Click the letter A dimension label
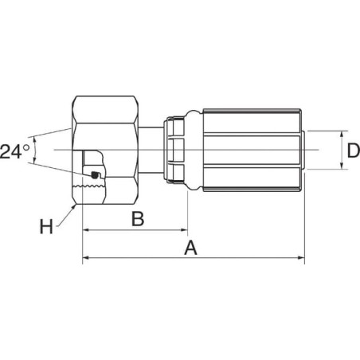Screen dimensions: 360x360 pyautogui.click(x=190, y=248)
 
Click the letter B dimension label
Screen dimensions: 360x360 pyautogui.click(x=138, y=219)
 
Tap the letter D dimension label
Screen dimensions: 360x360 pyautogui.click(x=353, y=151)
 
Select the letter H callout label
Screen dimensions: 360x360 pyautogui.click(x=46, y=226)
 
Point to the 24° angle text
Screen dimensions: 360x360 pyautogui.click(x=15, y=151)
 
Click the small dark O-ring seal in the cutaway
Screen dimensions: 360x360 pyautogui.click(x=94, y=174)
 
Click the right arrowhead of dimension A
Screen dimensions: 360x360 pyautogui.click(x=301, y=257)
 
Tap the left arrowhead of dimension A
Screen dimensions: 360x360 pyautogui.click(x=86, y=257)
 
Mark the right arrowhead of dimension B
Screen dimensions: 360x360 pyautogui.click(x=184, y=230)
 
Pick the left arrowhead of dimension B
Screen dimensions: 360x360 pyautogui.click(x=86, y=230)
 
